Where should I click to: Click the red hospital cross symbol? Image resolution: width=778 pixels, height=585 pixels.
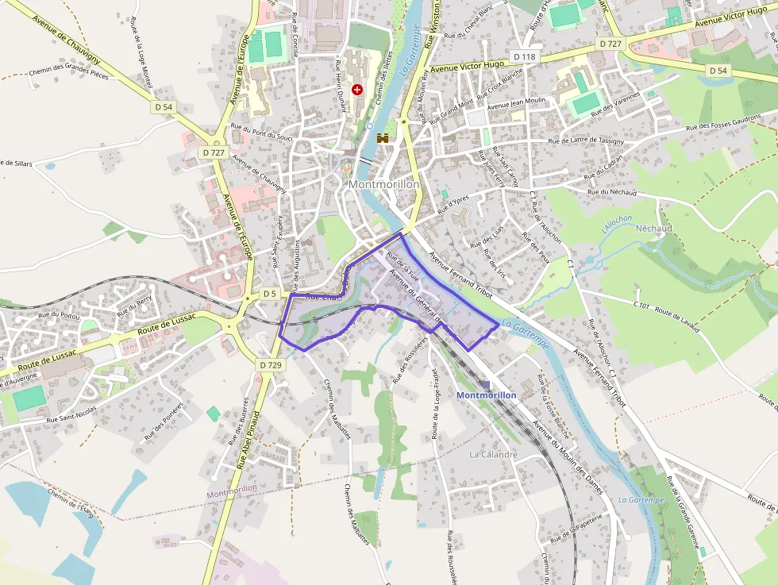tap(357, 90)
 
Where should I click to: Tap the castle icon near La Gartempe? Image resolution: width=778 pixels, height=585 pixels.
tap(383, 138)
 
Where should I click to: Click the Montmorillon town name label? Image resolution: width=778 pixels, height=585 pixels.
tap(383, 184)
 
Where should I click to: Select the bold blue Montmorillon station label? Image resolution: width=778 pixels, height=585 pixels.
tap(487, 394)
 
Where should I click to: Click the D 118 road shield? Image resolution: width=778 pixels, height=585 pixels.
tap(525, 57)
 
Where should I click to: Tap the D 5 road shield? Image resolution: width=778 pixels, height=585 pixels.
tap(270, 294)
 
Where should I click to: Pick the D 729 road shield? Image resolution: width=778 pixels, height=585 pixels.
tap(271, 364)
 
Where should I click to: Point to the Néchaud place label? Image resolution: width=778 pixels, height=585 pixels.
tap(654, 228)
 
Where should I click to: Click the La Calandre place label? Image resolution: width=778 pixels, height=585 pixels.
tap(494, 455)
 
